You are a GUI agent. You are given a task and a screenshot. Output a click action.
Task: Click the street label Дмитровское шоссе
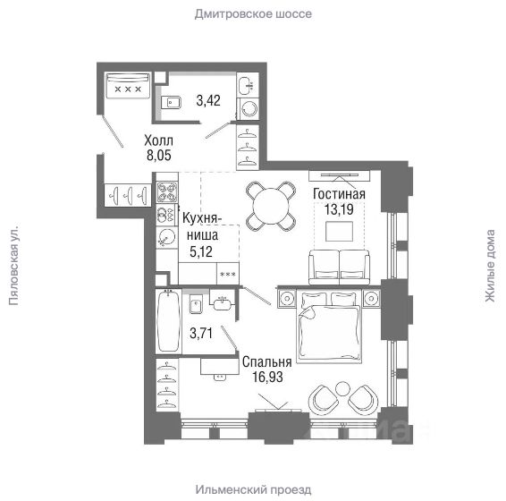click(x=253, y=14)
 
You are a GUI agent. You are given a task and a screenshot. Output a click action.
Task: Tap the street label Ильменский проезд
click(x=253, y=489)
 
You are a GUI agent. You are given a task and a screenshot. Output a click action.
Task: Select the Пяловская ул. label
click(x=13, y=264)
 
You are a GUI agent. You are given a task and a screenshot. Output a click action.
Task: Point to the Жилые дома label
click(x=490, y=266)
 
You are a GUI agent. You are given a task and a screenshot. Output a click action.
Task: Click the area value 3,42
click(x=208, y=100)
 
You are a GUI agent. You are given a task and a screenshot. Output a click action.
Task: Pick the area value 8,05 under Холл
click(x=159, y=156)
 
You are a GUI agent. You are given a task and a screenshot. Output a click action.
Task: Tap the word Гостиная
click(x=339, y=194)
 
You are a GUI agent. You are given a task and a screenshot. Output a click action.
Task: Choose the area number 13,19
click(x=339, y=209)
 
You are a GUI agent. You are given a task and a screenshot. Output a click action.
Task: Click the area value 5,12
click(x=201, y=251)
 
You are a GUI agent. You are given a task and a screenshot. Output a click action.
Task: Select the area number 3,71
click(x=201, y=333)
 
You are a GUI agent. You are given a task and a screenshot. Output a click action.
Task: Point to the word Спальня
click(x=267, y=362)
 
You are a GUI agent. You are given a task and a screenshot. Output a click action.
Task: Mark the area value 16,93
click(x=267, y=377)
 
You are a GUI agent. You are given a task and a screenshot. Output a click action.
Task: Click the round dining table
click(x=271, y=207)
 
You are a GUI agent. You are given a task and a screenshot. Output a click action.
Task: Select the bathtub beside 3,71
click(x=168, y=321)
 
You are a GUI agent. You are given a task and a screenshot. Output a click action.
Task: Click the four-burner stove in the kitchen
click(x=167, y=192)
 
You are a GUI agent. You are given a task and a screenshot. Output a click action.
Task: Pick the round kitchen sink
click(x=167, y=237)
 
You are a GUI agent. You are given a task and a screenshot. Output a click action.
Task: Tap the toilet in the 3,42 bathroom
click(x=170, y=102)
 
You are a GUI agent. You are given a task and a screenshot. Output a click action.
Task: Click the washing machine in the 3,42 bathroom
click(x=248, y=109)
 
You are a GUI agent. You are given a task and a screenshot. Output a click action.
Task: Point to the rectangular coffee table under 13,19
click(x=339, y=232)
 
